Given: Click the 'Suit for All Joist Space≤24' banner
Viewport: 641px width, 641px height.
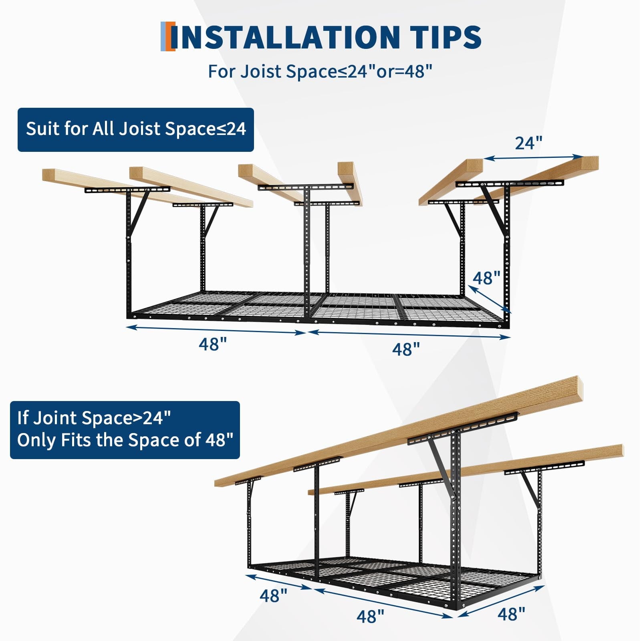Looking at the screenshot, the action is [136, 129].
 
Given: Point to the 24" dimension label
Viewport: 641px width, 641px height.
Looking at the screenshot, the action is [528, 143].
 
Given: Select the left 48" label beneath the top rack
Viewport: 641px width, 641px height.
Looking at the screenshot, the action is [213, 344].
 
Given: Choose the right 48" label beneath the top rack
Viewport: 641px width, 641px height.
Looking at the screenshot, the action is [406, 349].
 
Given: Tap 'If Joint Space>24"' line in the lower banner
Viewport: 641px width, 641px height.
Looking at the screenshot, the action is [94, 418].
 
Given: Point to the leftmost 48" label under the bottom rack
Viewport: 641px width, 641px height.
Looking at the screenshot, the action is [274, 596].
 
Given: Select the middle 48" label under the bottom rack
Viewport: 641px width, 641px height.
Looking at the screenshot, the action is [370, 616].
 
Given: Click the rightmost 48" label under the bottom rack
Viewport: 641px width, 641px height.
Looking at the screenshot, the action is [511, 614].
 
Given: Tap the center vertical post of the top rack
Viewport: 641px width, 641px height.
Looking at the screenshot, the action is [307, 256].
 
